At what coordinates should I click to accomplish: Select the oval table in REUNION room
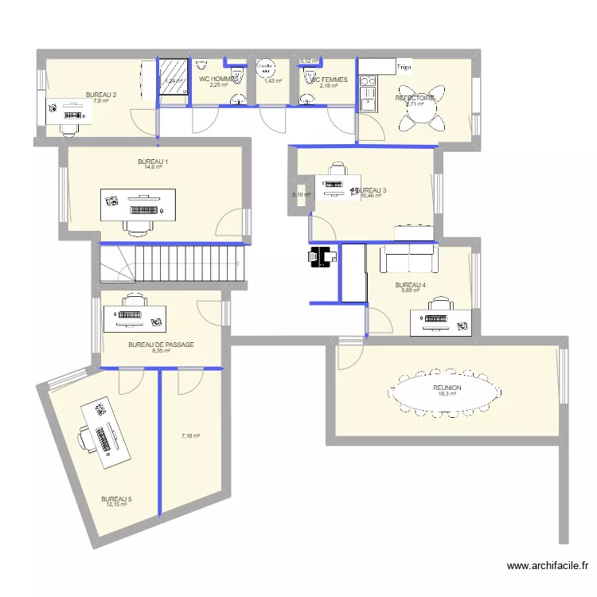tap(447, 392)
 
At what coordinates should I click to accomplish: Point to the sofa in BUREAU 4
tap(409, 259)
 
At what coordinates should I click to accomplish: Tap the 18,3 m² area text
tap(447, 393)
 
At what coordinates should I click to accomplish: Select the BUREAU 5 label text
tap(116, 500)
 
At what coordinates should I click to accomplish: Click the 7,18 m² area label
tap(190, 435)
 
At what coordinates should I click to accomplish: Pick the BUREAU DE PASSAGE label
tap(161, 345)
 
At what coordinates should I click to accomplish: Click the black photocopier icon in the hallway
tap(322, 256)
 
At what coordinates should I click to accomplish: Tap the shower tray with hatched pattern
tap(172, 76)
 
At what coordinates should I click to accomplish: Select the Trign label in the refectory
tap(404, 67)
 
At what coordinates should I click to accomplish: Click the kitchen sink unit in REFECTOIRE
tap(367, 92)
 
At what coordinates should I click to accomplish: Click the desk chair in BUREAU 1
tap(139, 227)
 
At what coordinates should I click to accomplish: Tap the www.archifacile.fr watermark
tap(548, 566)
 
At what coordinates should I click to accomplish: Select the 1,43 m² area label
tap(273, 80)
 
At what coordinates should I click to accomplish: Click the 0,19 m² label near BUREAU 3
tap(302, 194)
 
